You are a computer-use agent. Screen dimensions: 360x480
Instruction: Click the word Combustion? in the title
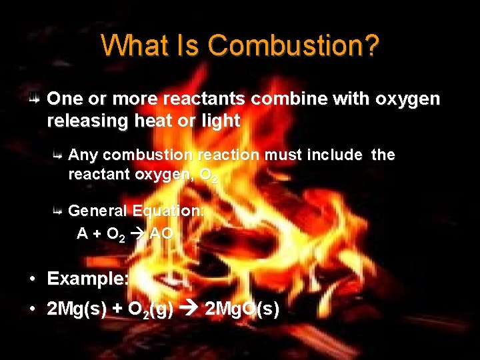click(x=293, y=46)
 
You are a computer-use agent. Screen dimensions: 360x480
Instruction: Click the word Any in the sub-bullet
click(x=83, y=155)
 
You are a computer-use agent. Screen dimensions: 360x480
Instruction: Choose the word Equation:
click(x=169, y=211)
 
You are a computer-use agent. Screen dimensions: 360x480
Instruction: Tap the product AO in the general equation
click(x=161, y=233)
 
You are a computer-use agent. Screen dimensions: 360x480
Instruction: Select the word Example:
click(x=88, y=279)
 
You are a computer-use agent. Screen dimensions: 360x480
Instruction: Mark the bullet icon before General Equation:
click(x=58, y=211)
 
